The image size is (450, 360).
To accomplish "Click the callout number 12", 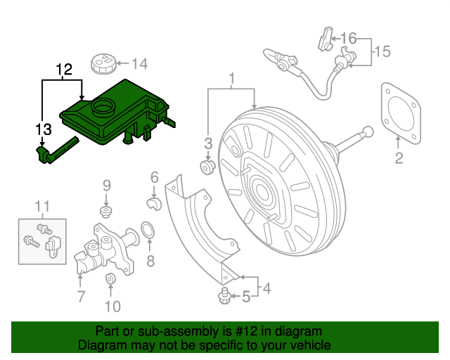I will pyautogui.click(x=64, y=69).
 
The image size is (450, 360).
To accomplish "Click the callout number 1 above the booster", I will pyautogui.click(x=231, y=77).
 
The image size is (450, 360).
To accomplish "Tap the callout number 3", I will pyautogui.click(x=208, y=143).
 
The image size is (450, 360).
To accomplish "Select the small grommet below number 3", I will pyautogui.click(x=208, y=167).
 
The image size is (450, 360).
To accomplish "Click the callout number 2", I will pyautogui.click(x=399, y=158).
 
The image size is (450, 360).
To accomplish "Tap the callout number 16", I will pyautogui.click(x=349, y=37).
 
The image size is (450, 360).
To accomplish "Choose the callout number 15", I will pyautogui.click(x=381, y=51).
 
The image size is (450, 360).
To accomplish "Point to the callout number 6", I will pyautogui.click(x=155, y=178).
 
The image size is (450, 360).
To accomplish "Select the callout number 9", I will pyautogui.click(x=107, y=186).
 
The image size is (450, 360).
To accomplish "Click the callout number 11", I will pyautogui.click(x=43, y=206).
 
